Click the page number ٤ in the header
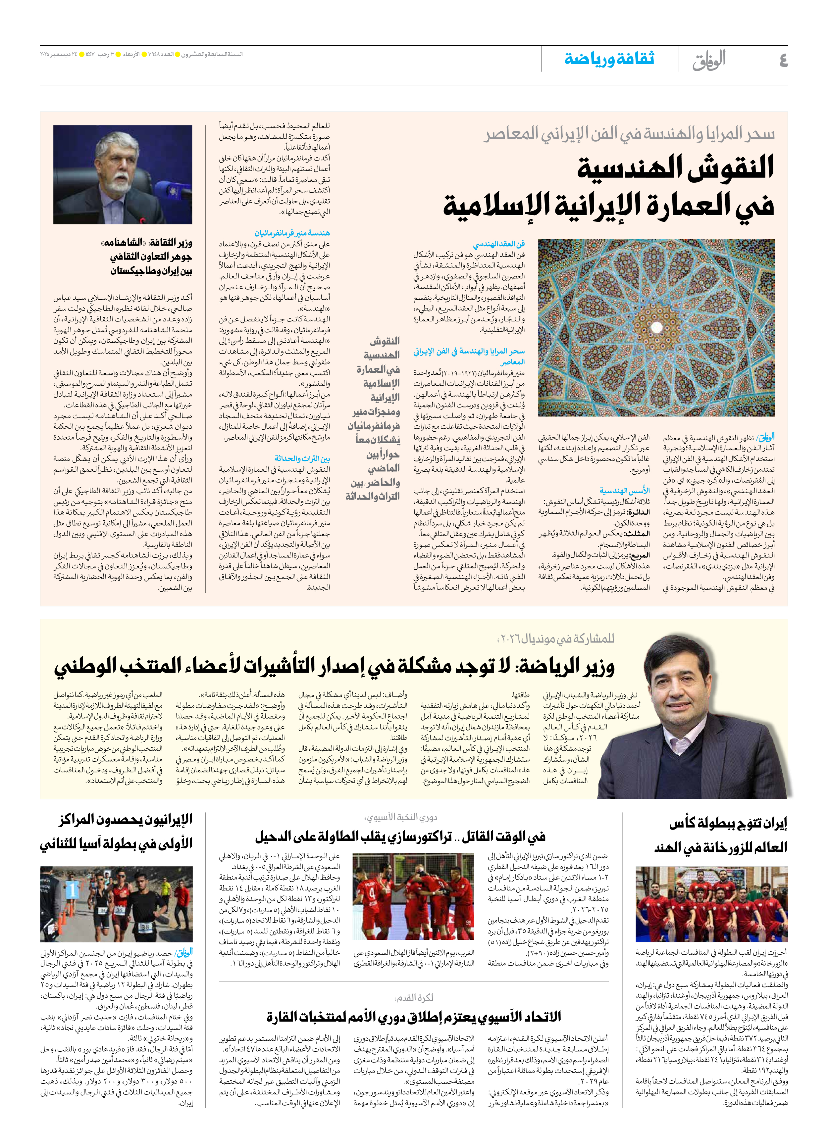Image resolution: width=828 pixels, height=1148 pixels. click(783, 60)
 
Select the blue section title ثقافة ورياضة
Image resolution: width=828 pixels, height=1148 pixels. click(609, 59)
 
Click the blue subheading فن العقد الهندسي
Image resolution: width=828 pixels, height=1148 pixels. click(499, 244)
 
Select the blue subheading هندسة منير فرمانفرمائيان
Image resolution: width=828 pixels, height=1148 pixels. click(292, 233)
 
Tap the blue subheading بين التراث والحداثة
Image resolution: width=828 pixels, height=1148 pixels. click(302, 458)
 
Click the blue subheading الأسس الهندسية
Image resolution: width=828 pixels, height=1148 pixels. click(624, 491)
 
